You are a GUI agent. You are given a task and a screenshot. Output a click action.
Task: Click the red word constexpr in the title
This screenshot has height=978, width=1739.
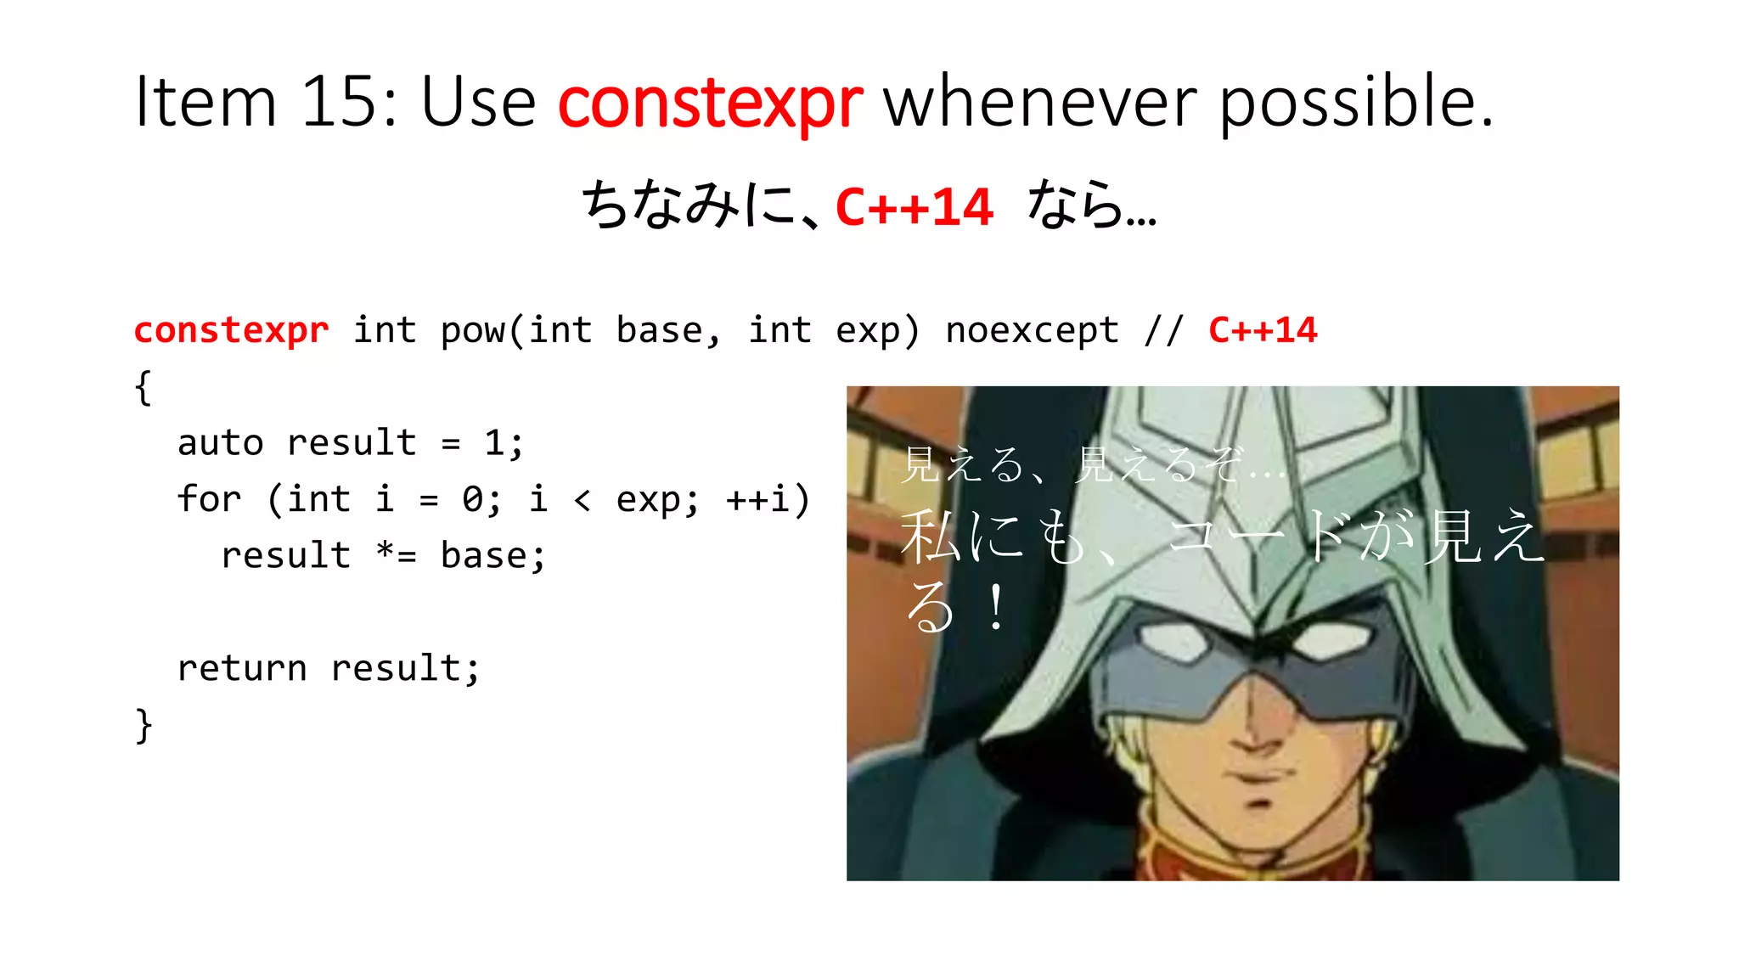[710, 102]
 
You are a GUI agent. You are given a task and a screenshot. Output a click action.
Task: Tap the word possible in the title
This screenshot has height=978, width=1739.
[1355, 102]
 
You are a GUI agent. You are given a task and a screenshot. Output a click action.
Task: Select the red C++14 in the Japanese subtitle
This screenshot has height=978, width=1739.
[914, 207]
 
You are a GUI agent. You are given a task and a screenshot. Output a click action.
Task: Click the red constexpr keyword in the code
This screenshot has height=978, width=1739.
[231, 330]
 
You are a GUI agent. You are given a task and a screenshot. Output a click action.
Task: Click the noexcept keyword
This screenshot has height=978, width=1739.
[1032, 330]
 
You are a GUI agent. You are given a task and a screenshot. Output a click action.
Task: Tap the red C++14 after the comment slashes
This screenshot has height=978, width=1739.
[1263, 330]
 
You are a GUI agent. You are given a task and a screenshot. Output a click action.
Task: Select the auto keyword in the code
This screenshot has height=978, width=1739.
[220, 443]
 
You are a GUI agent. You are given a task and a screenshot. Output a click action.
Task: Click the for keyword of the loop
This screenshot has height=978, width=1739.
[209, 499]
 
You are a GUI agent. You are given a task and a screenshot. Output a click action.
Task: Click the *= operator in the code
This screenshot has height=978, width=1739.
[396, 555]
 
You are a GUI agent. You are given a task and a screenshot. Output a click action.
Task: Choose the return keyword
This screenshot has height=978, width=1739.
[241, 668]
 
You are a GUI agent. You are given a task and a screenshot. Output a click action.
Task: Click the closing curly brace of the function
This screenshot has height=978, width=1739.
[144, 726]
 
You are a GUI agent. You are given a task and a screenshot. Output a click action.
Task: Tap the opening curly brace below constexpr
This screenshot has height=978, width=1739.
[144, 388]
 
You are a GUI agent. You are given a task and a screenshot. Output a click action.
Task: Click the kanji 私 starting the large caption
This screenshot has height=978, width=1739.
[931, 537]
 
